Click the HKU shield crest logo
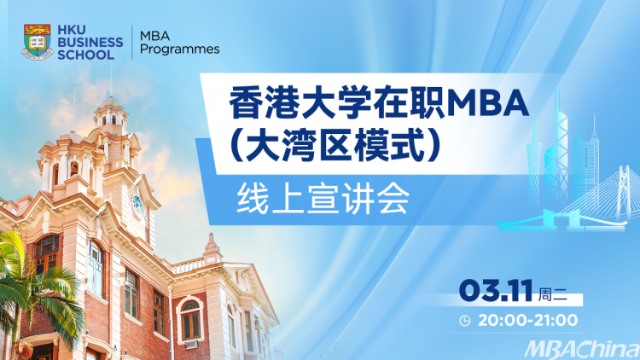38,42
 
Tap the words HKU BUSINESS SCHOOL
90,43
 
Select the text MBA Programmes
179,43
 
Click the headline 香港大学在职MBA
378,104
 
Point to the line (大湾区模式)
335,146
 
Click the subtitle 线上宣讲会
323,199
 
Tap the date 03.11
496,290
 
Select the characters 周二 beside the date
553,293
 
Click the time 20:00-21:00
527,321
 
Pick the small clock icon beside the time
465,321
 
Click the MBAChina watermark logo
582,350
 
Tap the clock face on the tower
137,205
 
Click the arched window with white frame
190,319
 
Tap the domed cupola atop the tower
111,109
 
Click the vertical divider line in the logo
131,43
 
